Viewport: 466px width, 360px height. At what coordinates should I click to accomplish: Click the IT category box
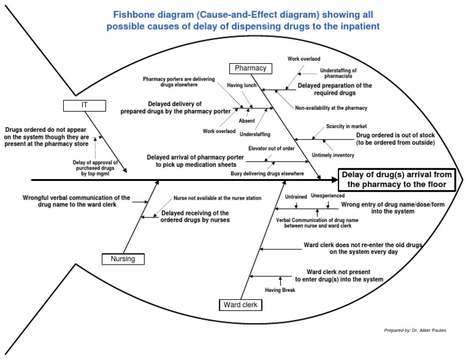click(x=85, y=105)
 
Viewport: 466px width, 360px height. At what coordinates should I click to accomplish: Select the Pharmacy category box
click(x=251, y=68)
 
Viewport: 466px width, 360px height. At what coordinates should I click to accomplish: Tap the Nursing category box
click(x=123, y=259)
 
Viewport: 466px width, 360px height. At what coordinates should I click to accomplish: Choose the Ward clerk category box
click(x=241, y=305)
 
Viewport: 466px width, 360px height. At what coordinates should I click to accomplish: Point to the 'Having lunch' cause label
click(x=241, y=86)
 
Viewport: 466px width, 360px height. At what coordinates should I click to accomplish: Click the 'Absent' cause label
click(x=247, y=121)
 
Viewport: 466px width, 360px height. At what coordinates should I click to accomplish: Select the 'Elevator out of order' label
click(x=271, y=148)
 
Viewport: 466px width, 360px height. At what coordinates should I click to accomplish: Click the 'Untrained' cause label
click(x=295, y=197)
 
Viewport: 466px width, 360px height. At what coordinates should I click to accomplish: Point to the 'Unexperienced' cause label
click(x=328, y=196)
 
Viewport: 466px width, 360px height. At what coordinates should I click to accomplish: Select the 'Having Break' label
click(x=280, y=291)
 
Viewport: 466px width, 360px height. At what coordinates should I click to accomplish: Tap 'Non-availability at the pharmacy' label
click(x=331, y=108)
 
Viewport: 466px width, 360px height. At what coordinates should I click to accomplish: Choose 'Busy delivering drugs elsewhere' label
click(x=267, y=174)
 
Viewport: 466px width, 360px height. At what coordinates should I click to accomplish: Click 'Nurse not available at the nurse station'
click(x=209, y=199)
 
